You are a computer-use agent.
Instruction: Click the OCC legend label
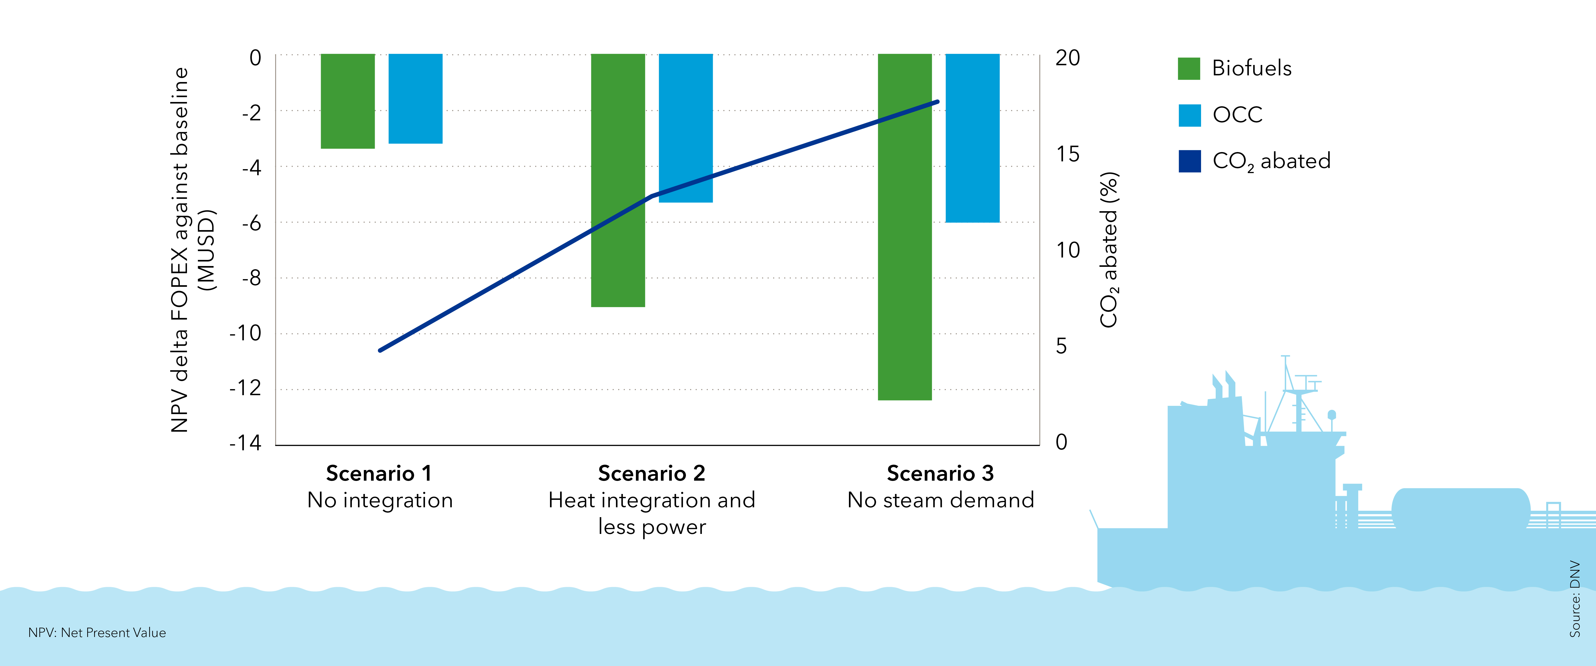click(1237, 115)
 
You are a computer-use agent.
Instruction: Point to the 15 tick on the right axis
click(1068, 154)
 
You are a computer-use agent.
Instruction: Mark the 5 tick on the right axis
click(1061, 346)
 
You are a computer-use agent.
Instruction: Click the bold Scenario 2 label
click(651, 473)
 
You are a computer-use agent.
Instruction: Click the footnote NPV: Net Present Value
click(97, 632)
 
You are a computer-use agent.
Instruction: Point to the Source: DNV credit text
click(1574, 598)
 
